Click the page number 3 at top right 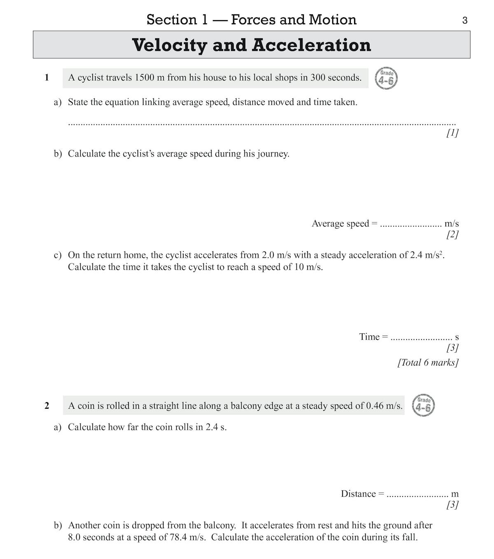click(465, 20)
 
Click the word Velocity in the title click(169, 45)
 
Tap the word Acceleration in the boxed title click(312, 45)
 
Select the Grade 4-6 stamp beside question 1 click(386, 78)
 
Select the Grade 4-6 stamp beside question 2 click(423, 406)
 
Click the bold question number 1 click(47, 77)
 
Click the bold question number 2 click(47, 405)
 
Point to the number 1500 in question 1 click(144, 77)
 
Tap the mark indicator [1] click(452, 133)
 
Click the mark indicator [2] click(452, 234)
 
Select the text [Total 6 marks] click(428, 362)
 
